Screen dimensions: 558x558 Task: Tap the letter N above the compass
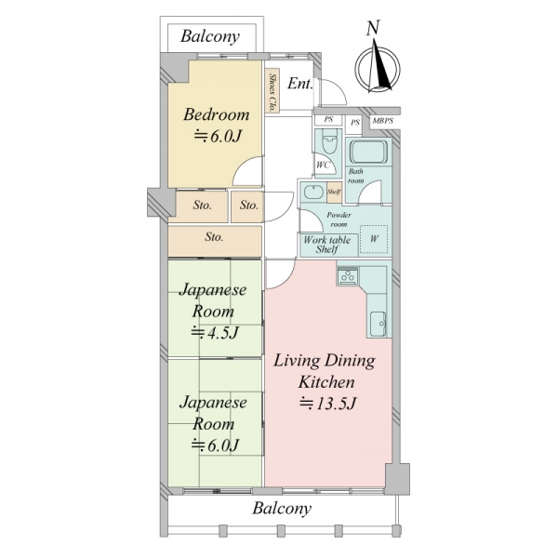(x=373, y=28)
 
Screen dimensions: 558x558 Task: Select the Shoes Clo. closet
(x=272, y=91)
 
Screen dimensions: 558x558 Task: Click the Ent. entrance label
(x=299, y=84)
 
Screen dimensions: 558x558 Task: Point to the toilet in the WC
(x=329, y=141)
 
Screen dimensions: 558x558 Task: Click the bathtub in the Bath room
(x=368, y=152)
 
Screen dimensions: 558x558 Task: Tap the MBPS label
(x=383, y=121)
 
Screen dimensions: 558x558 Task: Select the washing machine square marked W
(x=374, y=239)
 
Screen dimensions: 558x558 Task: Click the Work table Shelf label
(x=326, y=245)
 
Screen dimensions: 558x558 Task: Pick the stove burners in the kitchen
(x=348, y=276)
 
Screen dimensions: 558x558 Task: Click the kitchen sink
(x=378, y=325)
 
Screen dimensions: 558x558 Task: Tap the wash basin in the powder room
(x=313, y=193)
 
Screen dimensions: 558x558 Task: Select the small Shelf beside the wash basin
(x=334, y=193)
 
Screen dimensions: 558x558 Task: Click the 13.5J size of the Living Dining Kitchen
(x=327, y=404)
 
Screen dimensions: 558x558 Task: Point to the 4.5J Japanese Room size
(x=215, y=333)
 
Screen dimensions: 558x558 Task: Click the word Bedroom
(x=217, y=114)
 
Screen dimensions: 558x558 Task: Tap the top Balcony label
(x=210, y=36)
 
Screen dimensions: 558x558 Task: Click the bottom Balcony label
(x=282, y=509)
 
